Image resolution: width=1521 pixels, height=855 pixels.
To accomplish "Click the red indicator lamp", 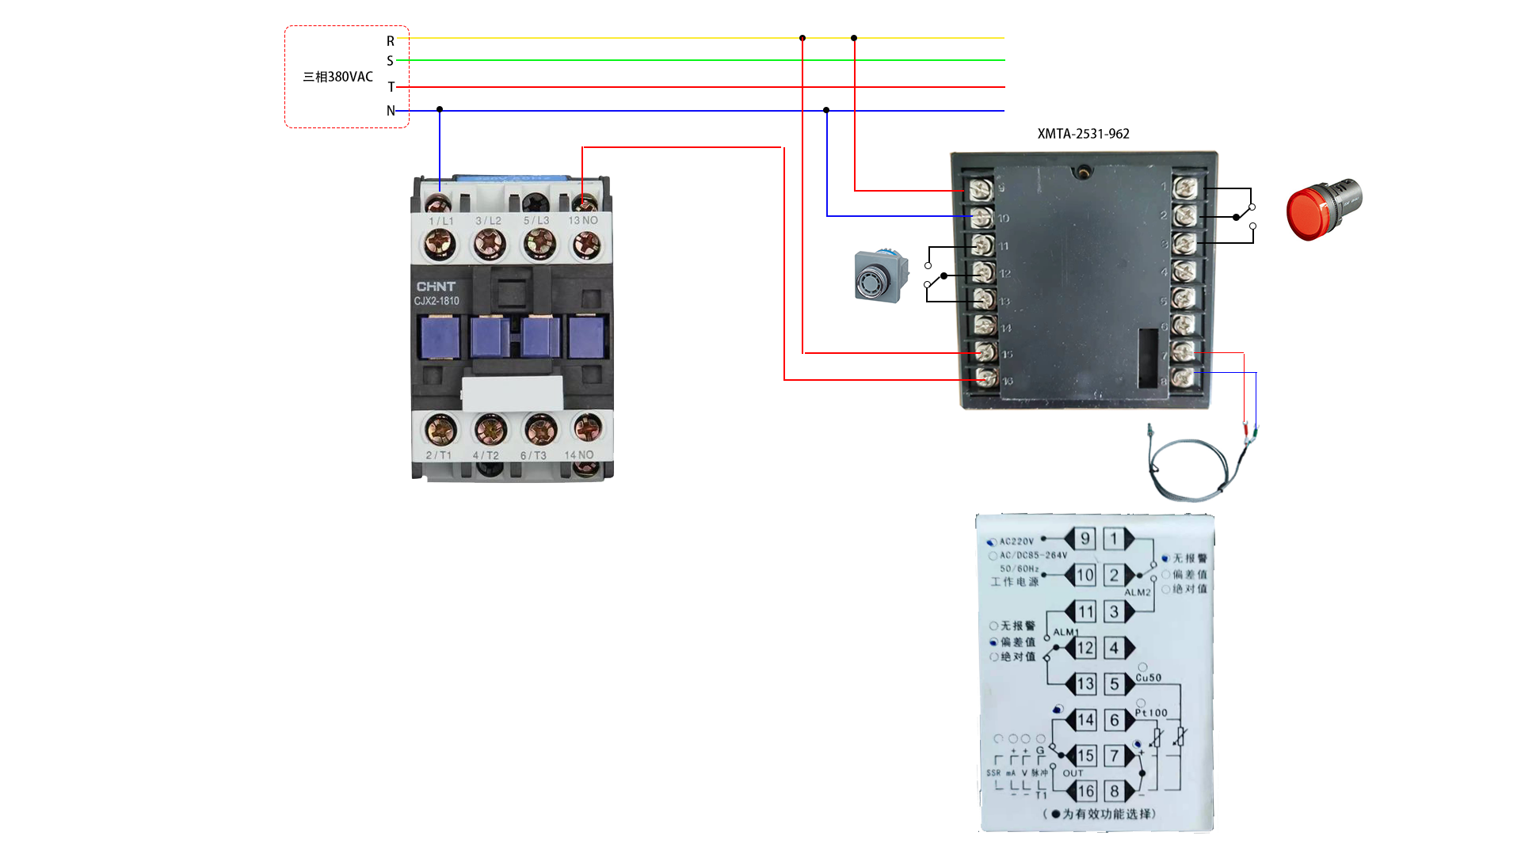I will point(1321,210).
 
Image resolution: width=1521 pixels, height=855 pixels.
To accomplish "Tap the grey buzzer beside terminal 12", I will point(880,277).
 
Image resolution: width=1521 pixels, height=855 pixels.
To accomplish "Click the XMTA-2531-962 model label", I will point(1083,134).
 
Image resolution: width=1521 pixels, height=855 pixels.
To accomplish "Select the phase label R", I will point(391,41).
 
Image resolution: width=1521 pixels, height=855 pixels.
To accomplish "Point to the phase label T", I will point(391,87).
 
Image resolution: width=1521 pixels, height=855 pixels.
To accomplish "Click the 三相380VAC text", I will point(337,77).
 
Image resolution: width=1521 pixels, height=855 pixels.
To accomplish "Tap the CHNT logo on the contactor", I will point(436,287).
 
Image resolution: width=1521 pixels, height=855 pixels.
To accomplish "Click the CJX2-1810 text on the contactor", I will point(436,301).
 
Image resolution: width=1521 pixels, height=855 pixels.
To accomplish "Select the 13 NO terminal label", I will point(582,221).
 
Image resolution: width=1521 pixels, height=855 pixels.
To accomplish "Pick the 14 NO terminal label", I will point(578,455).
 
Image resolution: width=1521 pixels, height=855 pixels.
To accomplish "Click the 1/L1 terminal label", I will point(441,221).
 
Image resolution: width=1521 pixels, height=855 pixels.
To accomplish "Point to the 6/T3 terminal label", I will point(533,456).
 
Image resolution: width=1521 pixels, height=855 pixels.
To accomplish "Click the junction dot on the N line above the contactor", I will point(440,109).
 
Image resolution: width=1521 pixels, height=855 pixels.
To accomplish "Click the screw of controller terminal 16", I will point(986,378).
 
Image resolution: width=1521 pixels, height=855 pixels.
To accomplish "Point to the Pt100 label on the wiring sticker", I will point(1151,712).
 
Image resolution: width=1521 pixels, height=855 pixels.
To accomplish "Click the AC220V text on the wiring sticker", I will point(1016,541).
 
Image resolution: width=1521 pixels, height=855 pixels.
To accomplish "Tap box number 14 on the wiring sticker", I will point(1085,720).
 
